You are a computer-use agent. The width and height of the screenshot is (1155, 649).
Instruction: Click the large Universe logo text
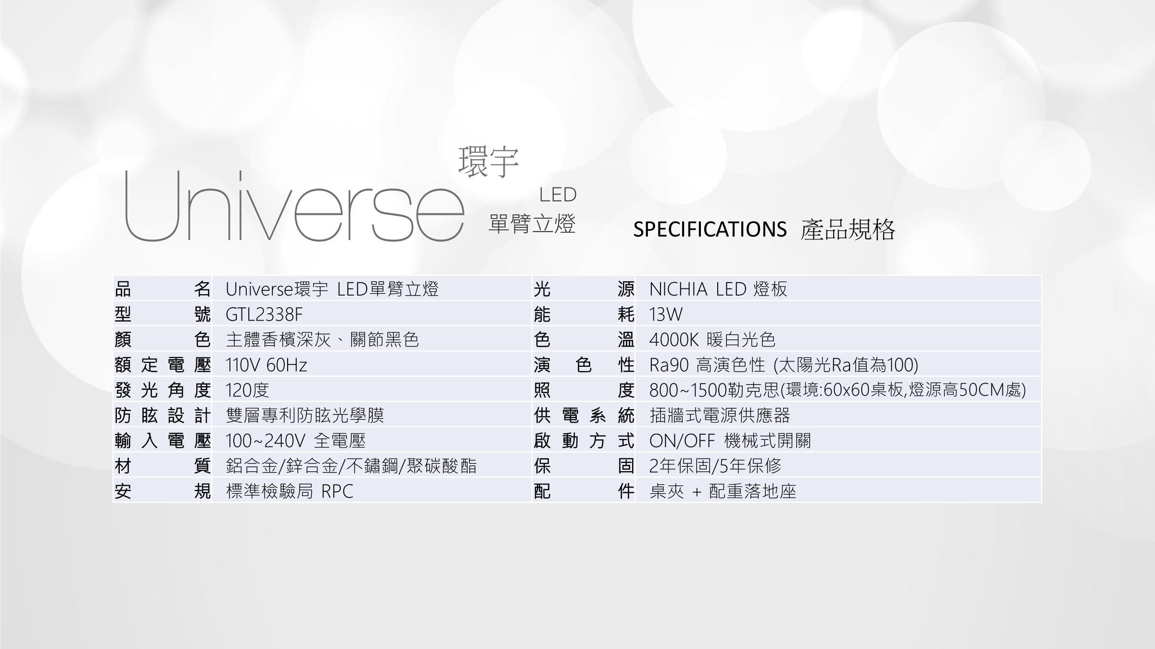tap(293, 207)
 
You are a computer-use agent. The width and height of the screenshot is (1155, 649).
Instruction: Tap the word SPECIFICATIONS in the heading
tap(710, 229)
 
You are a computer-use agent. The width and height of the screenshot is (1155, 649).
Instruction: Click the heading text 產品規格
tap(848, 229)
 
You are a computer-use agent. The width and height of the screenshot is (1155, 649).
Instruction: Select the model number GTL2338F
tap(264, 315)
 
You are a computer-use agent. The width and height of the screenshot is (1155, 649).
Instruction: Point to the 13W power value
tap(666, 315)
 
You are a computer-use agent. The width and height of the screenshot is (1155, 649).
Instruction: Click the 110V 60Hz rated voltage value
tap(267, 365)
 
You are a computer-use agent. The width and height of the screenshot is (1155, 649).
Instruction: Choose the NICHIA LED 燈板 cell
tap(718, 289)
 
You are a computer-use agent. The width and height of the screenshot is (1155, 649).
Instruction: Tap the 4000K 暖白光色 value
tap(712, 340)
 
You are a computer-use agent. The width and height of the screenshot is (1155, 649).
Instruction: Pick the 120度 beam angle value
tap(247, 390)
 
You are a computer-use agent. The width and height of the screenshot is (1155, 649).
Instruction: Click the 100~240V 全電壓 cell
tap(295, 441)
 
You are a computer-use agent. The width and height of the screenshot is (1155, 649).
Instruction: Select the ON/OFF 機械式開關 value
tap(730, 441)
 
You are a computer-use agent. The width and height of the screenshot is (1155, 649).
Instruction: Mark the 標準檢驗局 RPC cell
tap(290, 491)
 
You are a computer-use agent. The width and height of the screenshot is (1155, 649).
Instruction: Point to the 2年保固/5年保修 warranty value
tap(715, 466)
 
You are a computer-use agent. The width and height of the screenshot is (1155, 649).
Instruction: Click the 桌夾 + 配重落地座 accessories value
tap(723, 491)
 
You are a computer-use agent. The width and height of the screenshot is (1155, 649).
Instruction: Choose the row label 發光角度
tap(163, 390)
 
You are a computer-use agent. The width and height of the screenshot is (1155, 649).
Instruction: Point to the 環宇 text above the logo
tap(488, 162)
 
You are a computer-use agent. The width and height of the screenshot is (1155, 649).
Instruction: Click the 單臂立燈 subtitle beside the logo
tap(532, 224)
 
